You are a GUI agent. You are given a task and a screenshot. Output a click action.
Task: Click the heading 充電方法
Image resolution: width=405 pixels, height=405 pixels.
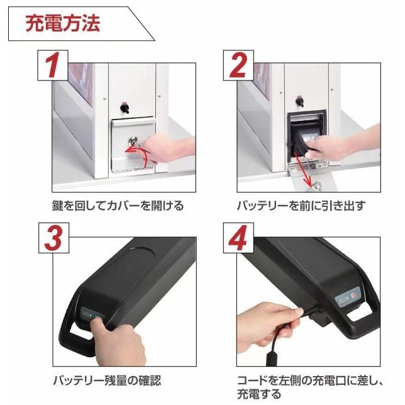(x=63, y=25)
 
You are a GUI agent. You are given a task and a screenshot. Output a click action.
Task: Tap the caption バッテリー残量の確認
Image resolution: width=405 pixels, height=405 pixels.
(x=106, y=380)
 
